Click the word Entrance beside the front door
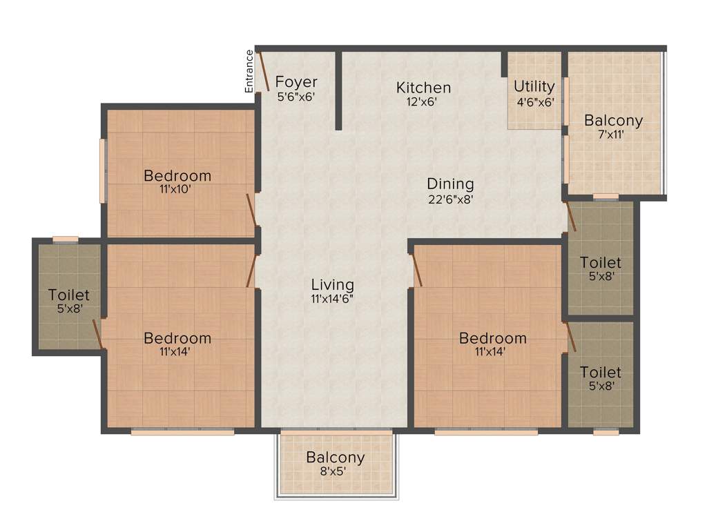pos(249,70)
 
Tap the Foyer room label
pos(296,83)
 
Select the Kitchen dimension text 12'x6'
pos(423,101)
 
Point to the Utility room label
pos(534,86)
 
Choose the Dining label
pos(450,184)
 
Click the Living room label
pos(332,284)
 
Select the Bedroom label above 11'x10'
pos(177,175)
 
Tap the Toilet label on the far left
pos(69,295)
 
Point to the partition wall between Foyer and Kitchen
pos(338,90)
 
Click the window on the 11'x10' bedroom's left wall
pos(104,171)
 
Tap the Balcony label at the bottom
pos(336,458)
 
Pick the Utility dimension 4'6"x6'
pos(535,101)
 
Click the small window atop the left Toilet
pos(66,239)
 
